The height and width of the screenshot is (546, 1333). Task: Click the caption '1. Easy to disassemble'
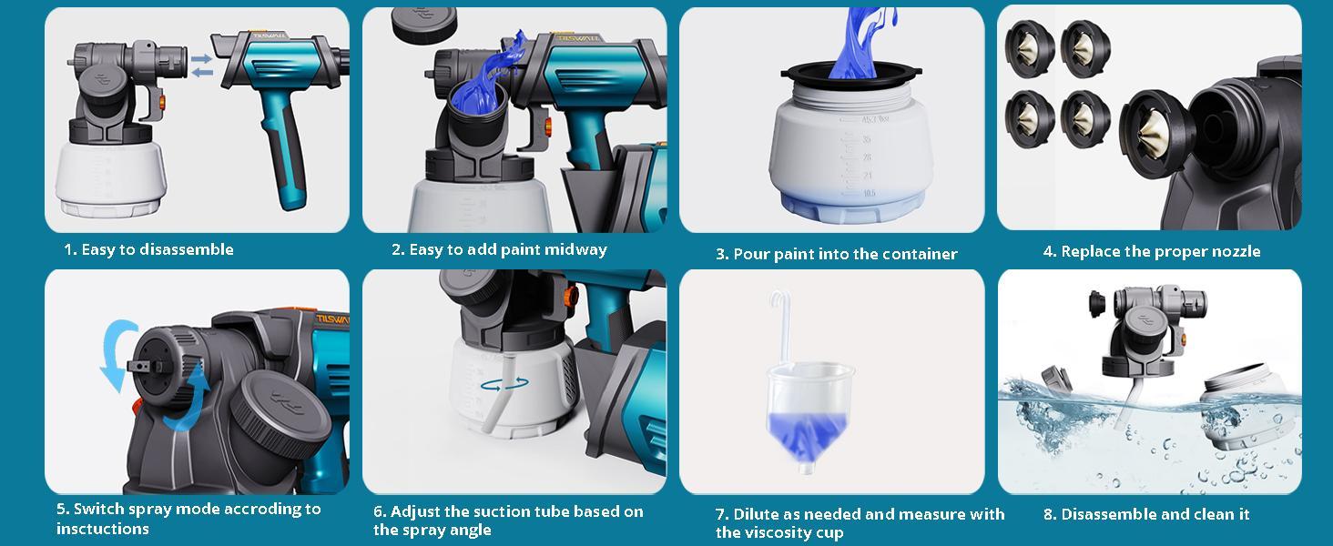(x=148, y=249)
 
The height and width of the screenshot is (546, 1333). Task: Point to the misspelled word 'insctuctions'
(x=102, y=529)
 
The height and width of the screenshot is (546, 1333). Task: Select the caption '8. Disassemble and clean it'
(x=1145, y=514)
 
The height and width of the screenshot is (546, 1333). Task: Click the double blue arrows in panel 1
(x=202, y=65)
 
